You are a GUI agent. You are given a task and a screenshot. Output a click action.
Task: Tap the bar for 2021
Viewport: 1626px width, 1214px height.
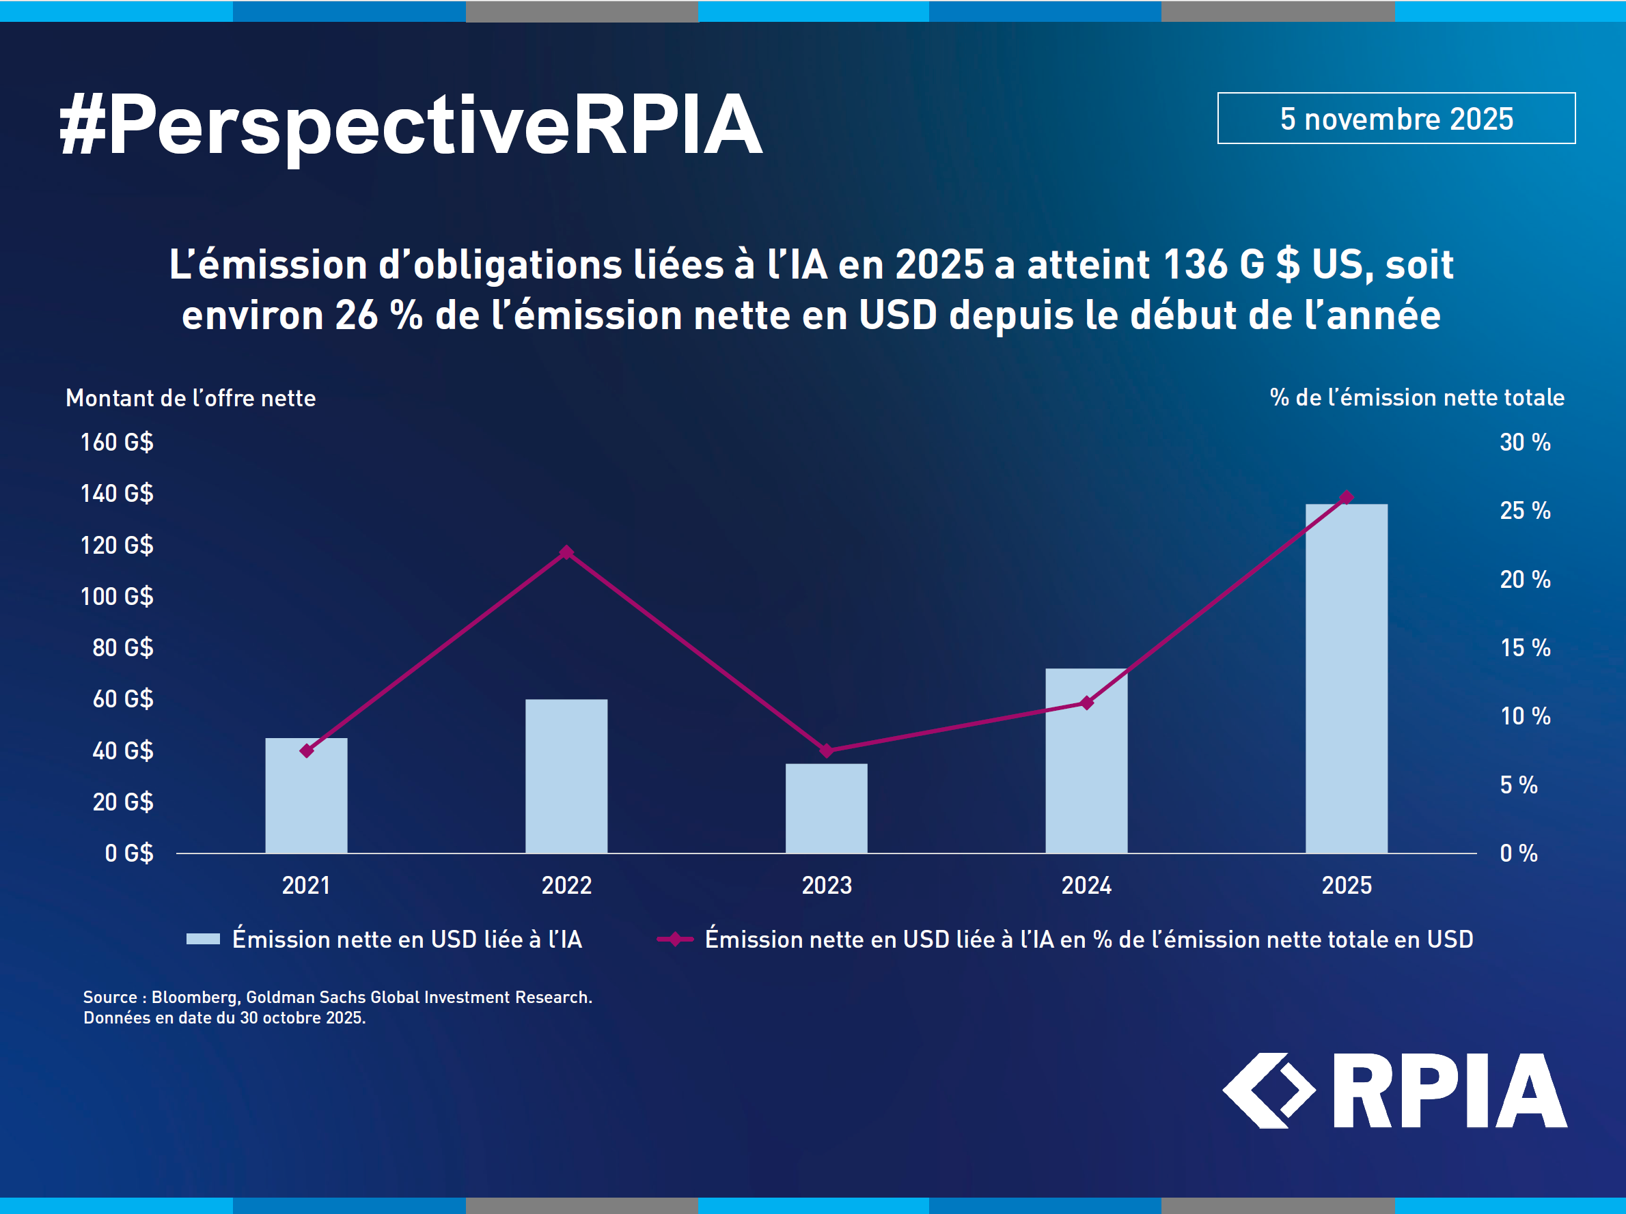click(x=306, y=795)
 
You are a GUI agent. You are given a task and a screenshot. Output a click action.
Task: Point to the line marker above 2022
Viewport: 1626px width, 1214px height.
click(x=566, y=552)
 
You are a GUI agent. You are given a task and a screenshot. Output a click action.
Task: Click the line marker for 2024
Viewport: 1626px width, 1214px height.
click(x=1086, y=703)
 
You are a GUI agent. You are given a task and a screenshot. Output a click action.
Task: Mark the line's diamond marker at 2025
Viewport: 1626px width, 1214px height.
click(x=1346, y=498)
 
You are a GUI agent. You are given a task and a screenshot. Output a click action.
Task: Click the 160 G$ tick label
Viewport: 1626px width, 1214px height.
click(x=117, y=442)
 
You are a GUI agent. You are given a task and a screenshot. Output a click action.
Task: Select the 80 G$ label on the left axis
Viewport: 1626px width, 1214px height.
click(x=123, y=647)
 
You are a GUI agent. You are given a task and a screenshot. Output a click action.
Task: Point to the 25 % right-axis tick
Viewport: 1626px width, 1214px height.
click(x=1525, y=511)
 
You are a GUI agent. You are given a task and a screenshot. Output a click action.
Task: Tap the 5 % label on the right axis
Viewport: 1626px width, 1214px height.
click(x=1518, y=785)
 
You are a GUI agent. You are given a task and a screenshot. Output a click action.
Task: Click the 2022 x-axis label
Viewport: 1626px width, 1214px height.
click(x=566, y=885)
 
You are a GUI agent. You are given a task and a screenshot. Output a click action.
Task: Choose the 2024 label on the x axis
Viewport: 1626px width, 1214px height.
click(x=1086, y=885)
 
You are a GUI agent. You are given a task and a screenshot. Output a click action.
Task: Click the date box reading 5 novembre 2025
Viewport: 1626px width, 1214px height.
click(x=1396, y=118)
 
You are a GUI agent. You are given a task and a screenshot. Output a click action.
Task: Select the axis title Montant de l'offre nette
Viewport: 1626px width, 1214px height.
click(x=191, y=398)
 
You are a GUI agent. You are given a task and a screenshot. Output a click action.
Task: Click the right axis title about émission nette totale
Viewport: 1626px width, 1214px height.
click(x=1416, y=397)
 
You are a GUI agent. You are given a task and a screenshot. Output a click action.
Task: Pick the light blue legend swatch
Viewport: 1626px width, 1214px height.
click(x=203, y=938)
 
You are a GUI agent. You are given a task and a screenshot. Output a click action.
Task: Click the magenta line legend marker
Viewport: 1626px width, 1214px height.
click(x=675, y=938)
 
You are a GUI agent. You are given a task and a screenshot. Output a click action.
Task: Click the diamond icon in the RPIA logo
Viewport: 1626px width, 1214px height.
click(x=1268, y=1090)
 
